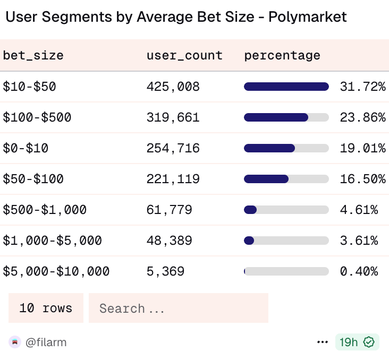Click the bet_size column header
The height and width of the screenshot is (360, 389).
coord(33,55)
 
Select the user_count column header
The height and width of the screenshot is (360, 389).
coord(184,55)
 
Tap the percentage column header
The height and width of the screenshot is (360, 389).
coord(282,55)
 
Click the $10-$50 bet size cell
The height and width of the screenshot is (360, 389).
coord(29,87)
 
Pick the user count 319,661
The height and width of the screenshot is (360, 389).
coord(173,117)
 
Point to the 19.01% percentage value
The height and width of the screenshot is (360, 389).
coord(362,148)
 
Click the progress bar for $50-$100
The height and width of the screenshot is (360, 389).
coord(286,179)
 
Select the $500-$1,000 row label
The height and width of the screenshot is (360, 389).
coord(45,210)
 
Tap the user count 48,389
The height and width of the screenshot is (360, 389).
coord(169,241)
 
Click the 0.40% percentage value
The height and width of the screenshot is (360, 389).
coord(359,271)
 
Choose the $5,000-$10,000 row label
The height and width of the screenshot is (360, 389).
coord(56,271)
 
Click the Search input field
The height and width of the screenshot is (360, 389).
coord(178,308)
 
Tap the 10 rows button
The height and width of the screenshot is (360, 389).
coord(46,308)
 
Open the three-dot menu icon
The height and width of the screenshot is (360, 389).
coord(323,342)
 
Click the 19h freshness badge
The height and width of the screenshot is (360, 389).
coord(357,342)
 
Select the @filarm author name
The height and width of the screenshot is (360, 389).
coord(46,342)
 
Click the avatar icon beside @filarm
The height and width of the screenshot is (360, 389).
coord(14,342)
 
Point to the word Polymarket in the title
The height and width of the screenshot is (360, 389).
coord(307,17)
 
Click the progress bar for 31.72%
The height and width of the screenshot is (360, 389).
coord(286,87)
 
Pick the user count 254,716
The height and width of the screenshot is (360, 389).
coord(173,148)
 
